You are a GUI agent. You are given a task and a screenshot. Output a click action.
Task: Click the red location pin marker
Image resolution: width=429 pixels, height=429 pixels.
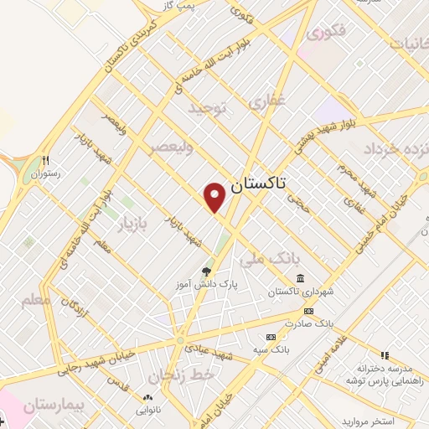216,196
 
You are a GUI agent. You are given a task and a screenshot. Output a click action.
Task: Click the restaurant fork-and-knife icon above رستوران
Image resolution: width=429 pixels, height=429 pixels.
47,160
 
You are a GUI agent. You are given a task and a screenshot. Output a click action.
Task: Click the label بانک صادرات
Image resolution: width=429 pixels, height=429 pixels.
308,323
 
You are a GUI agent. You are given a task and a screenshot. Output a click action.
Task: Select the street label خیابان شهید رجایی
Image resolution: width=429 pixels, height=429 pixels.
93,362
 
